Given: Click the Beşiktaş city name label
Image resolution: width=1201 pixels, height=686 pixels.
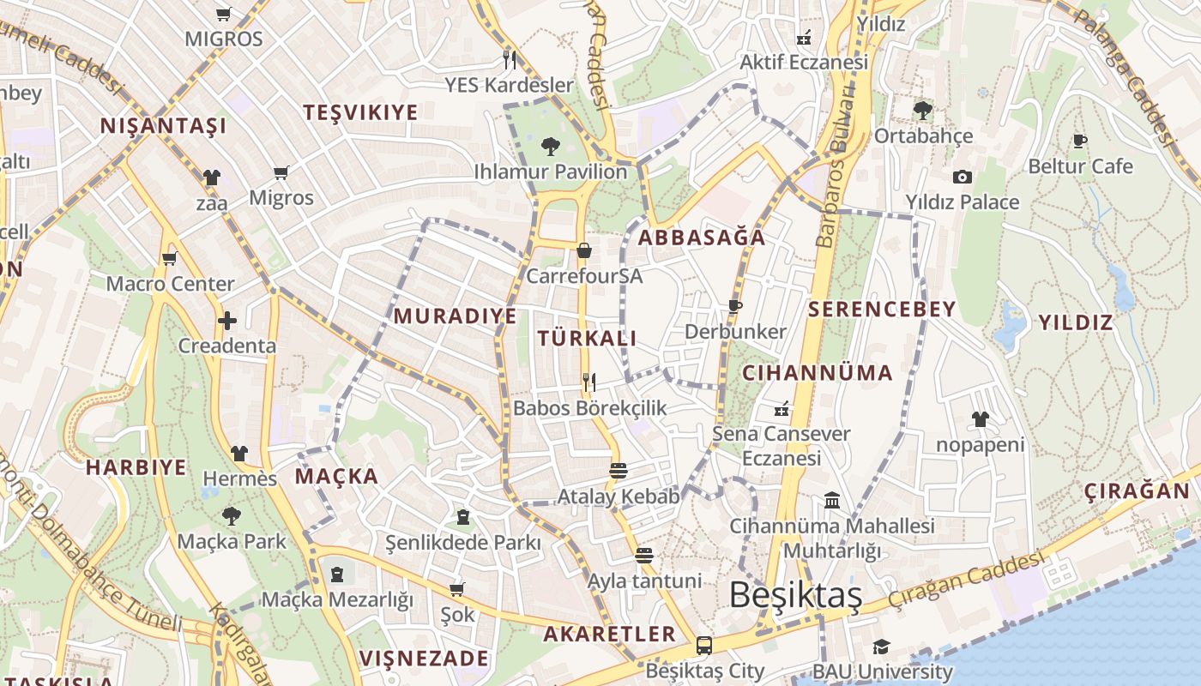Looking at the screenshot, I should point(795,595).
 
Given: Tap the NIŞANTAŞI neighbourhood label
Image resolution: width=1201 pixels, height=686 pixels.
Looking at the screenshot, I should point(164,126).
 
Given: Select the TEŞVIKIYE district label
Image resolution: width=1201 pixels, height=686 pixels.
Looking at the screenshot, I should point(361,112).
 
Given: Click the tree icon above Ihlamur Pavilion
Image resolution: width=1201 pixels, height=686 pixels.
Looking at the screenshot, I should point(551,146).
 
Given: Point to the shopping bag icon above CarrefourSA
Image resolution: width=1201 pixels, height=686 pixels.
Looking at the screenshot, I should point(584,250).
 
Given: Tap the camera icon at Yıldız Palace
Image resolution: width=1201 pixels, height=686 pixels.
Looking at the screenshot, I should point(963,177).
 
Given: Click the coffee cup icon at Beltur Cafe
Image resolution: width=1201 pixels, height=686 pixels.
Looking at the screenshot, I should point(1079,141).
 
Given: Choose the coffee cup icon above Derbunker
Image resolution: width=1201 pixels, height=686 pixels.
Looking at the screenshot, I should point(734,306).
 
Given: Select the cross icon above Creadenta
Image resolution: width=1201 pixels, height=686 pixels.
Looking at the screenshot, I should point(227,321).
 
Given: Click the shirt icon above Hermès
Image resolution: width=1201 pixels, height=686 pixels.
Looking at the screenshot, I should point(239,453).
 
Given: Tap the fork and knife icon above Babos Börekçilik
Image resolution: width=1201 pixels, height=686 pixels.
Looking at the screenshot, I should point(588,382).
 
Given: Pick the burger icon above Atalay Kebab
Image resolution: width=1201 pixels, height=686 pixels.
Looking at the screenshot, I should point(618,471).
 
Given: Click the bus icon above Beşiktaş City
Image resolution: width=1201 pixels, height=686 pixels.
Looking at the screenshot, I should point(704,646).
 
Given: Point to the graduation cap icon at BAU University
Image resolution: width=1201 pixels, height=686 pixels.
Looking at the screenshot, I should point(881,647).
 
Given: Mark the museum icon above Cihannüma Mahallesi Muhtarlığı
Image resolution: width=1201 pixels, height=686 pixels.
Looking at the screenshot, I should point(831,500).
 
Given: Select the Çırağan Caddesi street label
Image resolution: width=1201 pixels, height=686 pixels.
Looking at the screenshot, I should point(968,578).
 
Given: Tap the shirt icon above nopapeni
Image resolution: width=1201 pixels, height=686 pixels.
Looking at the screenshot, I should point(980,419).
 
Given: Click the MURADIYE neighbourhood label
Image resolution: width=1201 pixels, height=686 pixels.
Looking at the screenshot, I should point(456,316).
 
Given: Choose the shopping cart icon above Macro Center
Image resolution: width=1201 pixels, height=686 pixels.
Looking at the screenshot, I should point(169,258).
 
